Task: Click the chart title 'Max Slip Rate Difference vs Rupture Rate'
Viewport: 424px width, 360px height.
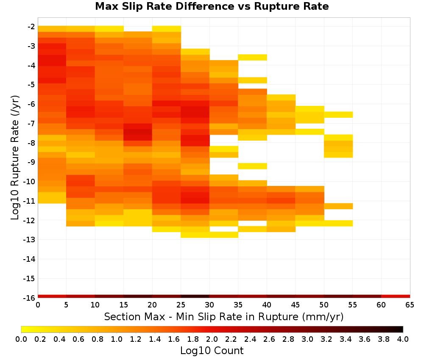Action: (x=212, y=6)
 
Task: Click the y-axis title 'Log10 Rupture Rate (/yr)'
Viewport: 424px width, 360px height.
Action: (x=15, y=158)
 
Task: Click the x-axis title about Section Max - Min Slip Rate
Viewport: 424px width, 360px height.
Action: (x=223, y=316)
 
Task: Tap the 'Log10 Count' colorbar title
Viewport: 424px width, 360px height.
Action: (x=212, y=351)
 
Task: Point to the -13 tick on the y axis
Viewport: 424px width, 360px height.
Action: (x=29, y=240)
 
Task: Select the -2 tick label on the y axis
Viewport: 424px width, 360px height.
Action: (x=31, y=27)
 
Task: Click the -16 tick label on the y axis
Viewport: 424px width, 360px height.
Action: (x=29, y=298)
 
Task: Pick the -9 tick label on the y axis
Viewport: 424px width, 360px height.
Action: (x=31, y=162)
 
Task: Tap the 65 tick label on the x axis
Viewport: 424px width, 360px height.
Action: (x=410, y=305)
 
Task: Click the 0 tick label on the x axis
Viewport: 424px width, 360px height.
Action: (x=38, y=305)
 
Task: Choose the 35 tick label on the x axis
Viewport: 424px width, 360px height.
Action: (x=238, y=305)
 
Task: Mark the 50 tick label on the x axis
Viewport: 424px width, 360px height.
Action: (x=324, y=305)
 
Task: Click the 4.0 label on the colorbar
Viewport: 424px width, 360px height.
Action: (x=403, y=339)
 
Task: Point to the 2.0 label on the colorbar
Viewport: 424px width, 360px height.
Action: (x=212, y=339)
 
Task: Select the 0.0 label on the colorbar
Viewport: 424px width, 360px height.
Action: (x=21, y=339)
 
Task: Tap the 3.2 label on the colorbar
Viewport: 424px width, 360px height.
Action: (x=326, y=339)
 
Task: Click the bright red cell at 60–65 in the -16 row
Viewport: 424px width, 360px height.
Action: (x=396, y=296)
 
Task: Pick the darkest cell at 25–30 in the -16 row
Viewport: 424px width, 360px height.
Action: (x=195, y=296)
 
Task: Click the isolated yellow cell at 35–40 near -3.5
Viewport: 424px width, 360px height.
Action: (x=253, y=57)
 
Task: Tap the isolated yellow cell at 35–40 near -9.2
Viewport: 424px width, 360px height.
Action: (x=253, y=166)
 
